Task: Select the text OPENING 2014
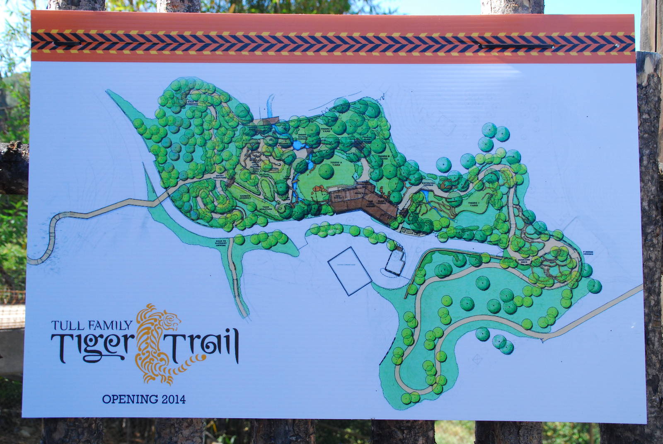pyautogui.click(x=144, y=400)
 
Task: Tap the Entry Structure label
pyautogui.click(x=220, y=177)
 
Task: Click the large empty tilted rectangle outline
pyautogui.click(x=350, y=271)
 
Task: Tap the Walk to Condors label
pyautogui.click(x=194, y=103)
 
